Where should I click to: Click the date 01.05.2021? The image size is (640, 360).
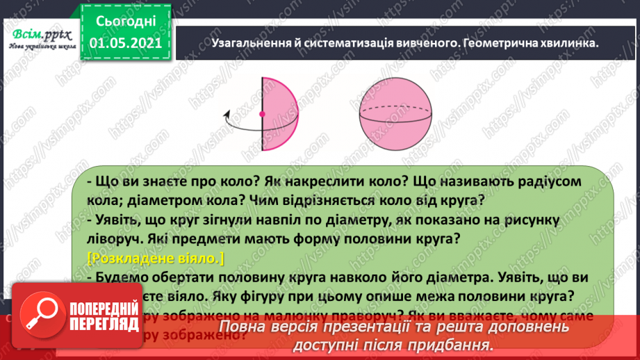[x=125, y=44]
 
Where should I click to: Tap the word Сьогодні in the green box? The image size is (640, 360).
[x=125, y=20]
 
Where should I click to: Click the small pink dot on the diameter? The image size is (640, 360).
[x=262, y=113]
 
